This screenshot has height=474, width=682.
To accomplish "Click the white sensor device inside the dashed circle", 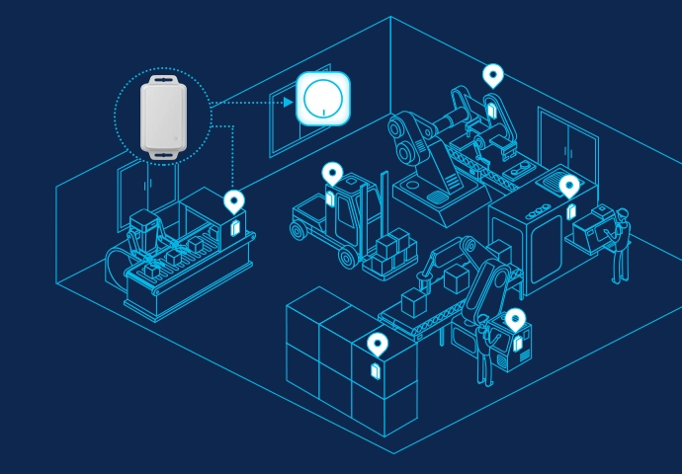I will tap(163, 117).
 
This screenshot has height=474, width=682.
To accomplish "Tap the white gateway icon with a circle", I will tap(323, 99).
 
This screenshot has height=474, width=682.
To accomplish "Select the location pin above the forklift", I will tap(332, 174).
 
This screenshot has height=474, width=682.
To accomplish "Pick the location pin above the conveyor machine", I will tap(233, 201).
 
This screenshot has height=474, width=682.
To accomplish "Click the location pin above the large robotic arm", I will tap(492, 75).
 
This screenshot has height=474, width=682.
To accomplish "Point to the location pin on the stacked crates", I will tap(377, 345).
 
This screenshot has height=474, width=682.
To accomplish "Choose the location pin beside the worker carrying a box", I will tap(568, 186).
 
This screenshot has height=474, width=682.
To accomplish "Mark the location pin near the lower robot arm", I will tap(515, 319).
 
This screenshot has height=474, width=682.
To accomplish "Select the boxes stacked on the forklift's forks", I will tap(390, 252).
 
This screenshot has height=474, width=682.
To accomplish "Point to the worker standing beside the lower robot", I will tap(484, 351).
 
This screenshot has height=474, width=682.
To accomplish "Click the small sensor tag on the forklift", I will tap(331, 198).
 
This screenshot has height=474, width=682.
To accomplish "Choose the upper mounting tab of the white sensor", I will tap(163, 76).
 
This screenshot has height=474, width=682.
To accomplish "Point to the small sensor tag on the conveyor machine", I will tap(234, 226).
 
